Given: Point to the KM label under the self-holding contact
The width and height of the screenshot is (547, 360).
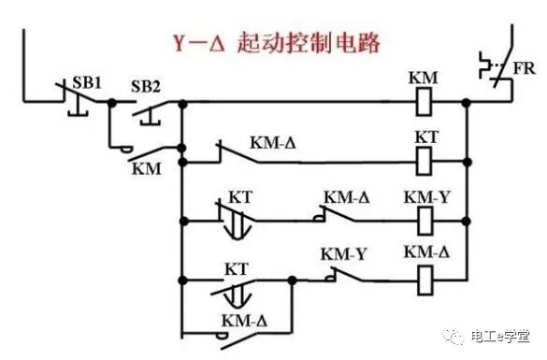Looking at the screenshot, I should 144,168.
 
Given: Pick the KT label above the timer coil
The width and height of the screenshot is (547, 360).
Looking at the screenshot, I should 426,137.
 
